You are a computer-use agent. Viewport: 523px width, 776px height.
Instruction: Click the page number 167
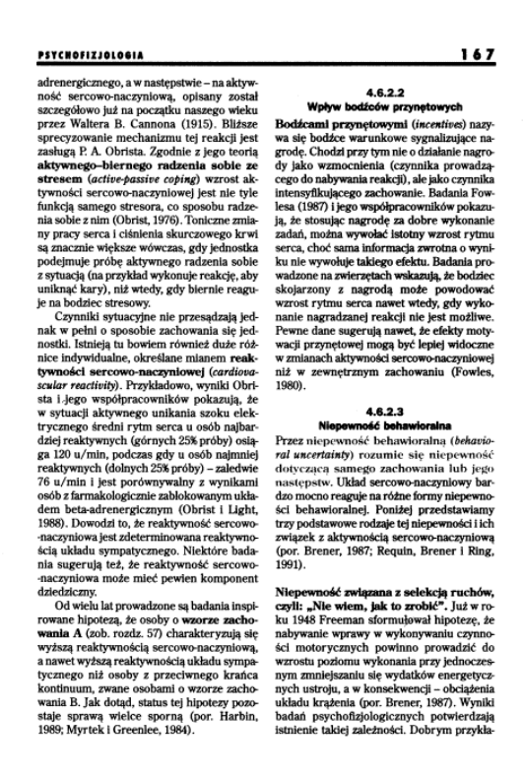(478, 55)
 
